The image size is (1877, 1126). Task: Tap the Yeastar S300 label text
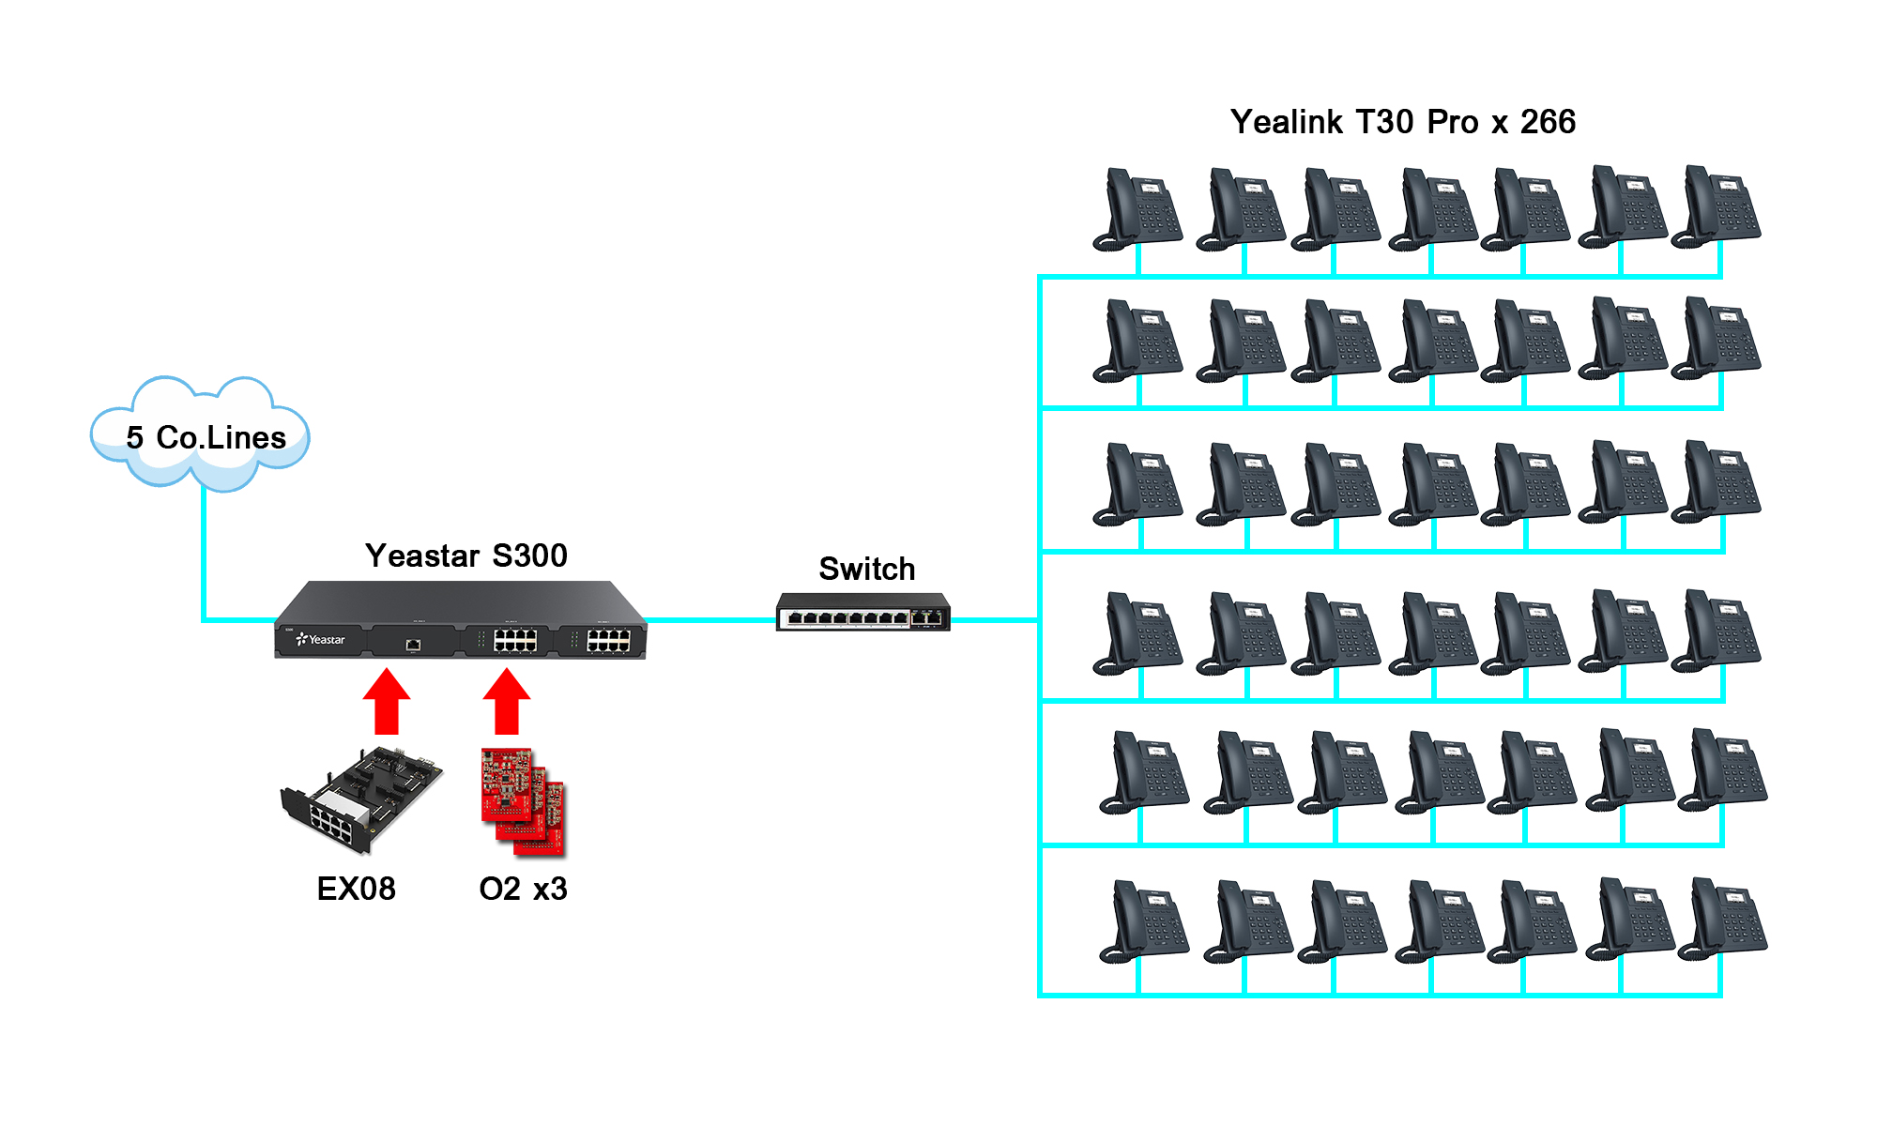465,555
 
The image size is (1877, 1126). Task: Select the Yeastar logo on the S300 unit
321,639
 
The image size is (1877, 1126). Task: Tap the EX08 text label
356,889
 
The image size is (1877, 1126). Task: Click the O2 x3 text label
523,889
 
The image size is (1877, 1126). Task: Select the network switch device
862,612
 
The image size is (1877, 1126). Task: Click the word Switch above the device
866,569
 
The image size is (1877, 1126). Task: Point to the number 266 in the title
1548,122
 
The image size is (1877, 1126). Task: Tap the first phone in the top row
1137,208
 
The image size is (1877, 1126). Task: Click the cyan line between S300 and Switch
710,619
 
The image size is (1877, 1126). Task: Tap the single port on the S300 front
413,645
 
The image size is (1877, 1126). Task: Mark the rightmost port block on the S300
608,641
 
